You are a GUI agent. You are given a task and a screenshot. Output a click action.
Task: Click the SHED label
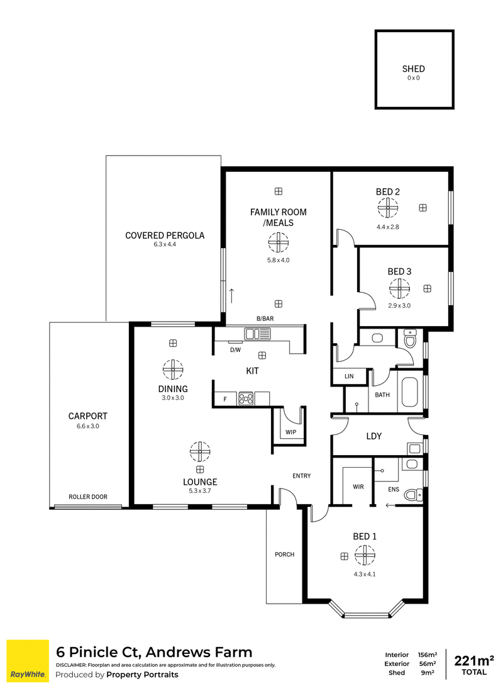pos(413,69)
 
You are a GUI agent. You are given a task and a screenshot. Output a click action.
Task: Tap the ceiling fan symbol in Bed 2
pos(388,208)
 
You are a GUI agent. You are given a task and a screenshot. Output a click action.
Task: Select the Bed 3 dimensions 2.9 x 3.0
pos(399,305)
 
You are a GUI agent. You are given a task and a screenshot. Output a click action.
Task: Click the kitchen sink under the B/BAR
pos(252,334)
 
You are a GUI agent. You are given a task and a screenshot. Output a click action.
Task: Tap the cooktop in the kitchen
pos(246,398)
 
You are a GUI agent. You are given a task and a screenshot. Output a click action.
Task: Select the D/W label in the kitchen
pos(235,350)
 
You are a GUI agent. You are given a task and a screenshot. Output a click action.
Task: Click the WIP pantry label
pos(291,432)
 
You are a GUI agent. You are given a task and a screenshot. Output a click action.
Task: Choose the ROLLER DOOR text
pos(88,497)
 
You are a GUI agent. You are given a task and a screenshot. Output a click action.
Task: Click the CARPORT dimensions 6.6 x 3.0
pos(88,426)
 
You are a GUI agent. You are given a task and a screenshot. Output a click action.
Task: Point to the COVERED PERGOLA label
pos(165,235)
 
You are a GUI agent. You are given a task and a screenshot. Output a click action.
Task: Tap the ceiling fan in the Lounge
pos(200,451)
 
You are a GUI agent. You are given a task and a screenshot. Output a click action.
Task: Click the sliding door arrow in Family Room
pos(231,296)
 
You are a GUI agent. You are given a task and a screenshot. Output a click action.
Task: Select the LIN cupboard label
pos(349,376)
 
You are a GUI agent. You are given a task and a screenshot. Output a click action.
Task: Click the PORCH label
pos(284,554)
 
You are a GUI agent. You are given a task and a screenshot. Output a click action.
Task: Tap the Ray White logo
pos(28,661)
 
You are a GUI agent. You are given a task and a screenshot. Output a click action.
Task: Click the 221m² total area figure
pos(474,660)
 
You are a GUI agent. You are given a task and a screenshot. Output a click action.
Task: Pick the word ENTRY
pos(301,476)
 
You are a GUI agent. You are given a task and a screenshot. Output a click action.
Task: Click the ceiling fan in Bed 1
pos(365,555)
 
